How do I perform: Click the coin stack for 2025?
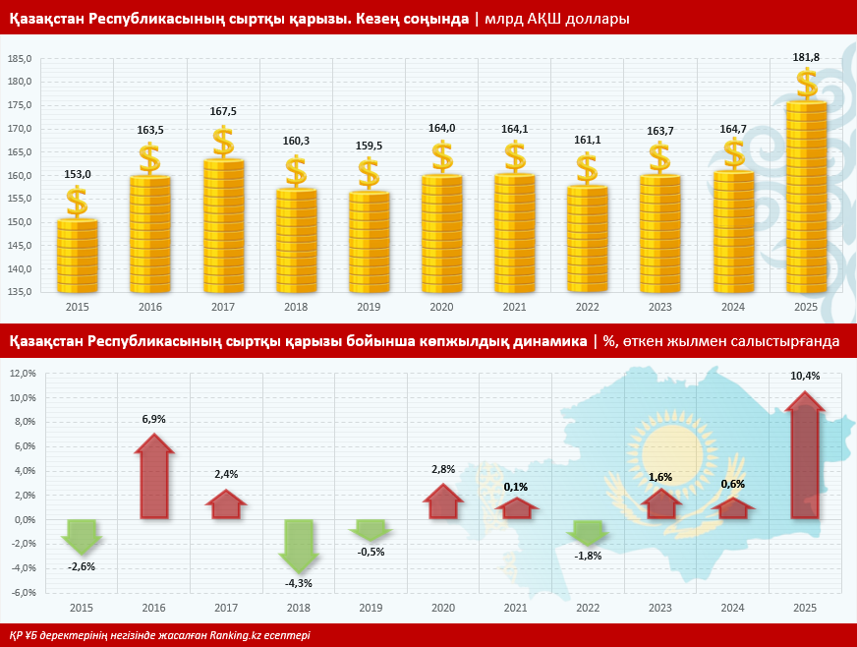(806, 197)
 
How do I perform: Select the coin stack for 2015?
(77, 256)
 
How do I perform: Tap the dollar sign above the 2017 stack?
(223, 142)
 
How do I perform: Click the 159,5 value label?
(369, 146)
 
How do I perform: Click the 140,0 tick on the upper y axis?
(21, 268)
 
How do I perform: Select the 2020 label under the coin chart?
(441, 308)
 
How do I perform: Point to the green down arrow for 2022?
(588, 532)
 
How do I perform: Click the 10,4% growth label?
(805, 376)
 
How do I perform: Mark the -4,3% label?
(299, 583)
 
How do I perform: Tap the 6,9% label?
(153, 419)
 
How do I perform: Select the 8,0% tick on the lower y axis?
(23, 422)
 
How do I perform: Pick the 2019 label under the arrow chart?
(370, 609)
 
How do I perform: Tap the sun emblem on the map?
(671, 450)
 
